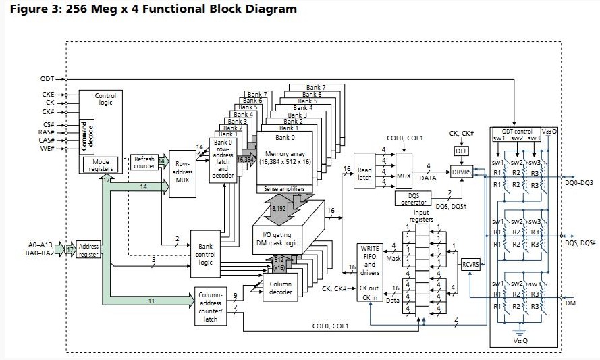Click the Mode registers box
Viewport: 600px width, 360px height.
101,165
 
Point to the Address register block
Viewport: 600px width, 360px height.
88,250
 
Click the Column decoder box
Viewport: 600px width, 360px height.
280,288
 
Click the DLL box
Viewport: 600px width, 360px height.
461,151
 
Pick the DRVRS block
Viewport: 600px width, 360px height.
462,172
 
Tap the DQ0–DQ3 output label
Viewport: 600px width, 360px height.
578,183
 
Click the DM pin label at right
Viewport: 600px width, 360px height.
571,305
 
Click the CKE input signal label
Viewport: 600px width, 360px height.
49,95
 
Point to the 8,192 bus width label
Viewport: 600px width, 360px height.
279,210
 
